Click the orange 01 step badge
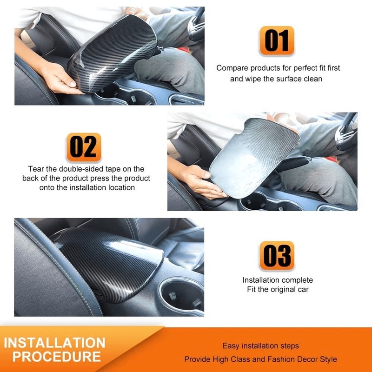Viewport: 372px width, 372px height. pos(277,40)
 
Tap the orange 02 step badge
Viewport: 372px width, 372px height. pos(84,147)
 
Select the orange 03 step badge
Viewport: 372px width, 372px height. pos(277,256)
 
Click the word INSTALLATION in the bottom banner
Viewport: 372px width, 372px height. pos(54,343)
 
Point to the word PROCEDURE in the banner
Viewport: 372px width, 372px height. pos(57,357)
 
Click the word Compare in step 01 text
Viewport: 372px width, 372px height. pos(232,68)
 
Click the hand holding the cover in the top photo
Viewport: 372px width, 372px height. pos(60,78)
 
